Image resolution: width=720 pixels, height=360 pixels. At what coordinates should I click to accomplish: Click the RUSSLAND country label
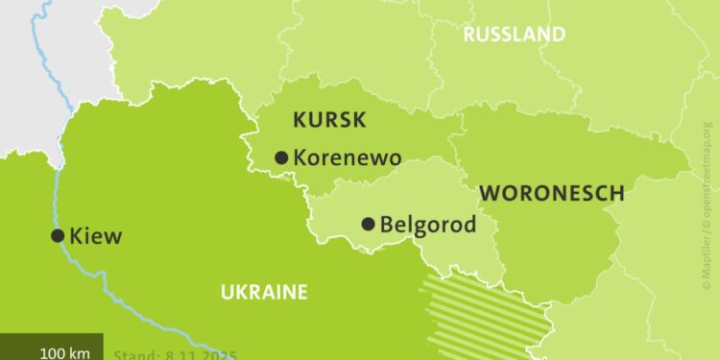[514, 35]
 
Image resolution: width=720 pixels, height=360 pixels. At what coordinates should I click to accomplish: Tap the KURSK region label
[328, 120]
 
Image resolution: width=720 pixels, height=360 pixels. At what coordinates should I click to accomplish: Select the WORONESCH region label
[551, 192]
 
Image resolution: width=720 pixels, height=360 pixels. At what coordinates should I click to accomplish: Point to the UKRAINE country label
[263, 292]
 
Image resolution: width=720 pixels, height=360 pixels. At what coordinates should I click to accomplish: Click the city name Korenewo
[347, 157]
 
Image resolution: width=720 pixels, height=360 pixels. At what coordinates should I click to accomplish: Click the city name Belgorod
[428, 225]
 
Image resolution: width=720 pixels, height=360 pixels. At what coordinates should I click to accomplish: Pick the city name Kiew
[96, 235]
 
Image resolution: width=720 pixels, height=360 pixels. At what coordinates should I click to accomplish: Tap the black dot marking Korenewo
[281, 157]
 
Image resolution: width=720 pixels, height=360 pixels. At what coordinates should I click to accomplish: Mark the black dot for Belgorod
[368, 225]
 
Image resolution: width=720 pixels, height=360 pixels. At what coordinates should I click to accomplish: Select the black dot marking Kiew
[58, 235]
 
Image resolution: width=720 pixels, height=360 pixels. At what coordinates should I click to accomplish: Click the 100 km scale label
[65, 352]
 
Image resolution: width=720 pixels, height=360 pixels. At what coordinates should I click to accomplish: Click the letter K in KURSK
[299, 120]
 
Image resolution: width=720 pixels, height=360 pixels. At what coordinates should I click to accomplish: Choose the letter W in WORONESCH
[489, 192]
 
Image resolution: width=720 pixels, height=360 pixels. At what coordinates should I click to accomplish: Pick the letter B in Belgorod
[388, 225]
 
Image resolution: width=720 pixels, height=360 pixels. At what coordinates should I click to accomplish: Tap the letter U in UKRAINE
[227, 292]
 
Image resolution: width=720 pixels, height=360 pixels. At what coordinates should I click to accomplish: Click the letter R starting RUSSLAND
[469, 35]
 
